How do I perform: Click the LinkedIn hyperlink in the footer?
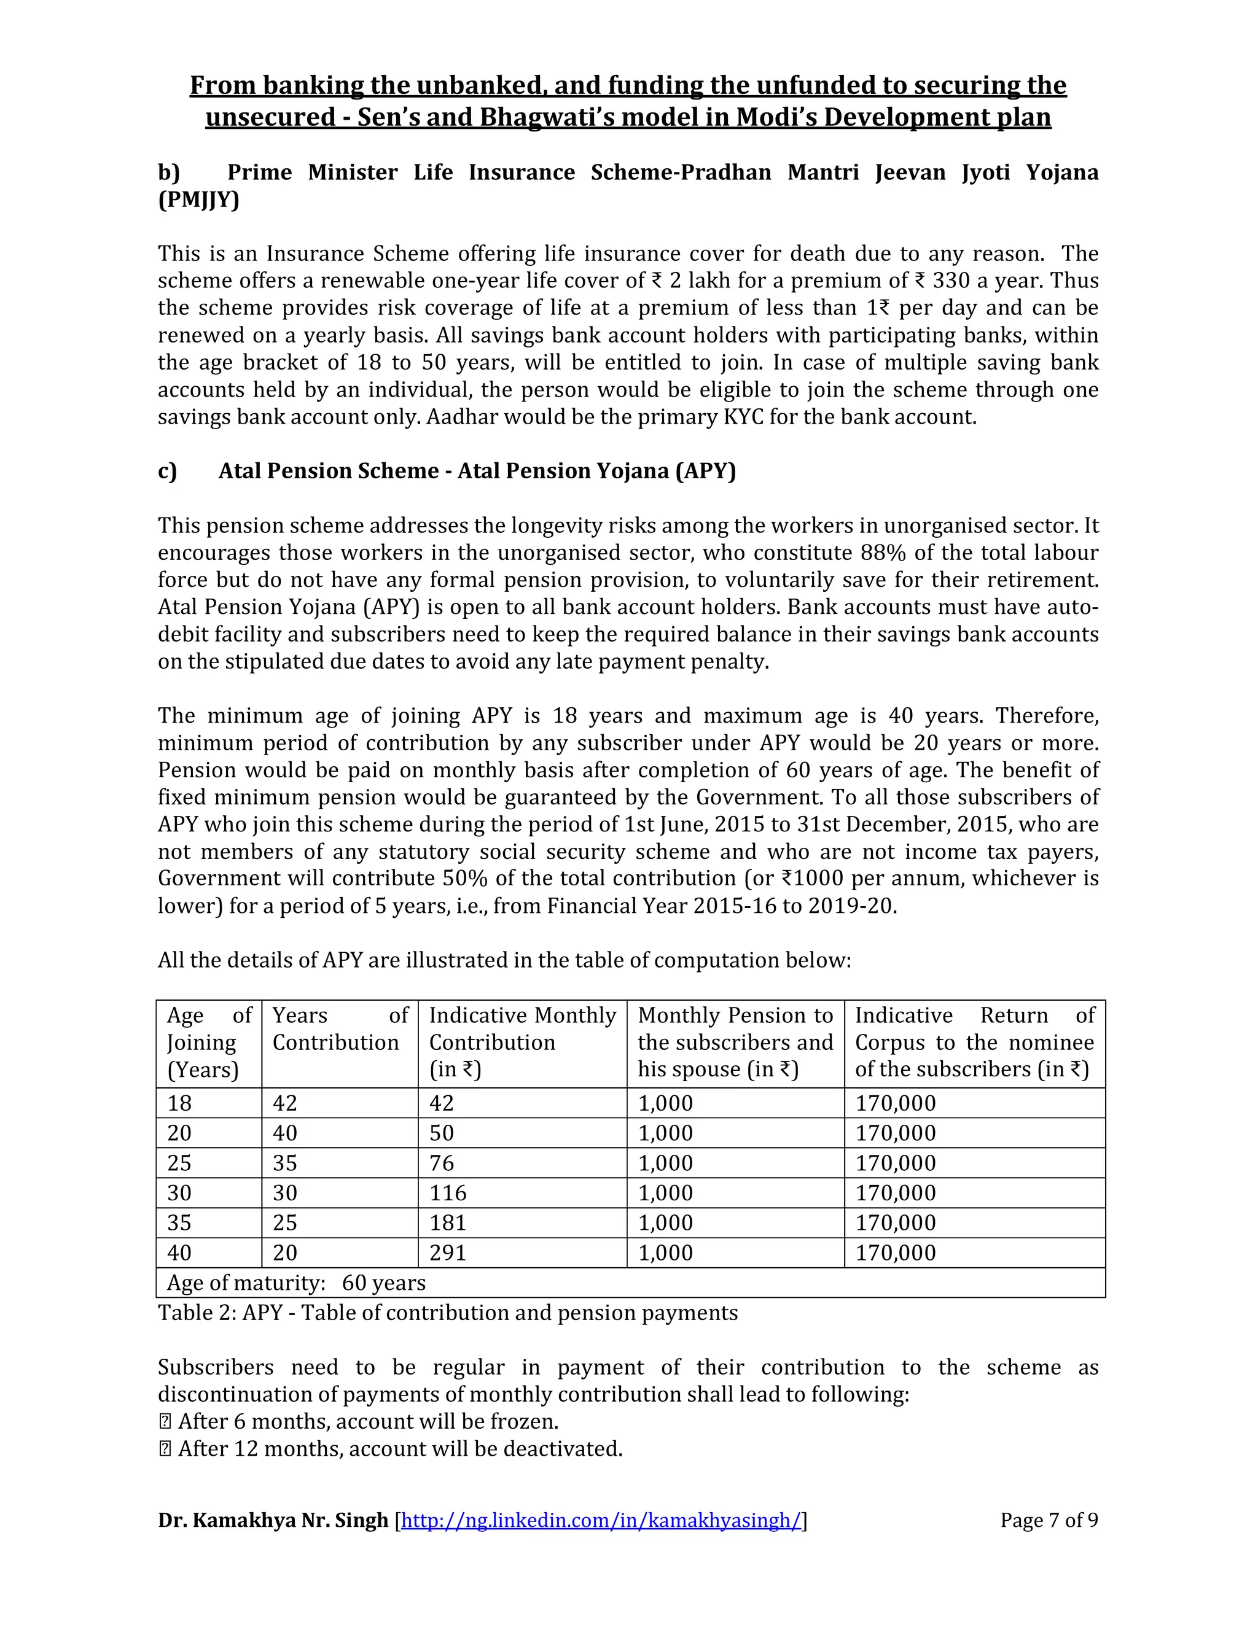[601, 1520]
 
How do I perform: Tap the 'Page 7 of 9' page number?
[1049, 1520]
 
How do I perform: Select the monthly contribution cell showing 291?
[448, 1253]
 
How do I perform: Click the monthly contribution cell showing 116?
[448, 1194]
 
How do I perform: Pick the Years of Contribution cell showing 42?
[284, 1103]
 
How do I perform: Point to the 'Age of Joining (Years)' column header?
[209, 1043]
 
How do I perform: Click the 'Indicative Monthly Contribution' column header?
[522, 1043]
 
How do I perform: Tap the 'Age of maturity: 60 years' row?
[297, 1283]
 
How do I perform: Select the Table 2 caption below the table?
[447, 1313]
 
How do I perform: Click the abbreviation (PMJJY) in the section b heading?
[198, 200]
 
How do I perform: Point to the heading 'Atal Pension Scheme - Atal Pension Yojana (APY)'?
[477, 471]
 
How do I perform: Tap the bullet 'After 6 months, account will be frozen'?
[367, 1421]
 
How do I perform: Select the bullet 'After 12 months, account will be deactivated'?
[399, 1449]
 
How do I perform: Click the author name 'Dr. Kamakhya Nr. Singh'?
[273, 1520]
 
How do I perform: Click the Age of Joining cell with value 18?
[179, 1103]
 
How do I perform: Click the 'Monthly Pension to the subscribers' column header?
[735, 1043]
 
